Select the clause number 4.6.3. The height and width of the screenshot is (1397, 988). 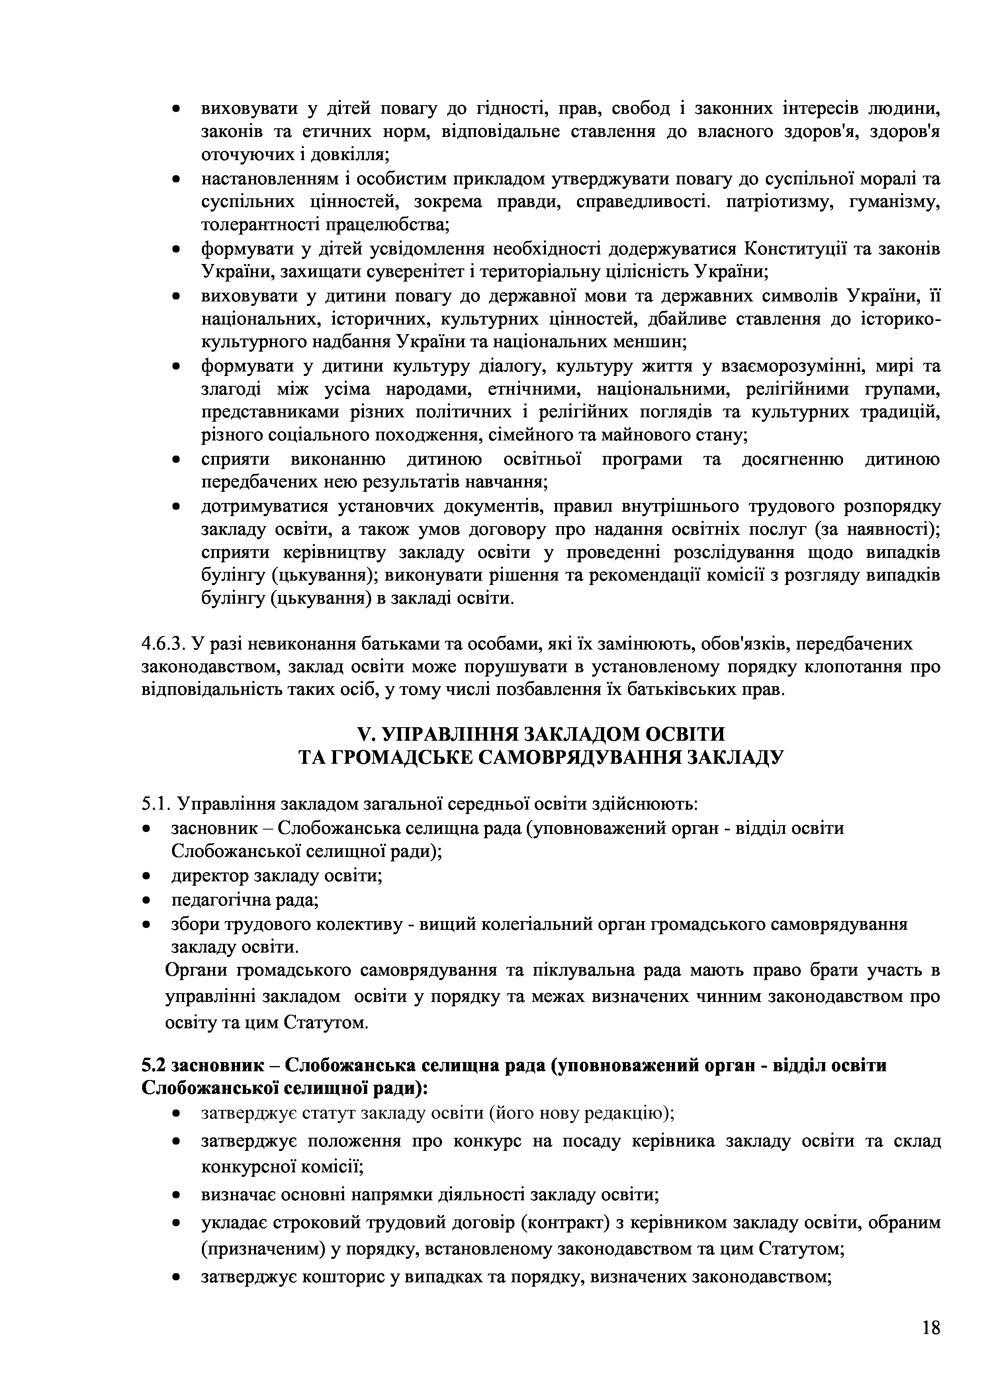pyautogui.click(x=164, y=644)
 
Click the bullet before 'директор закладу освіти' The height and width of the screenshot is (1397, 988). pyautogui.click(x=146, y=877)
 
